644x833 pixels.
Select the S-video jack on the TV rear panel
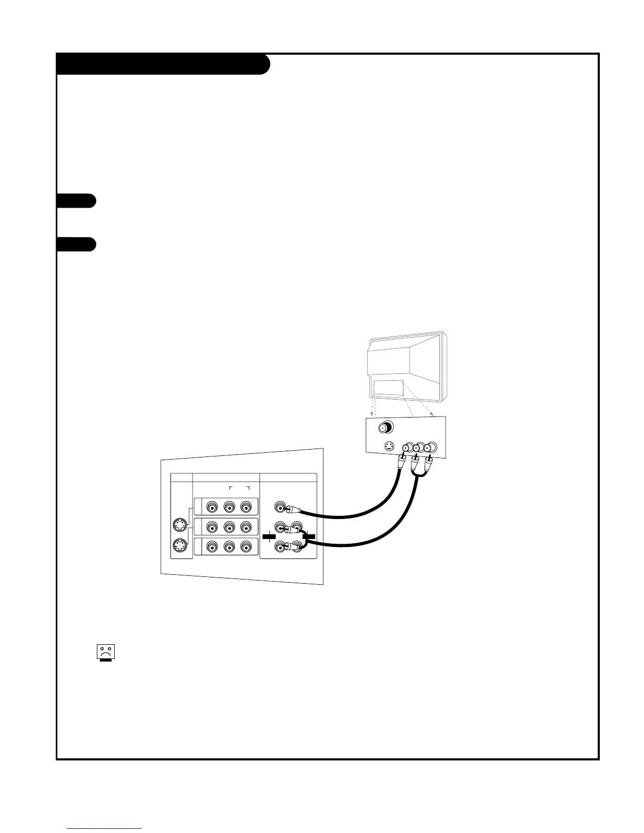click(x=388, y=447)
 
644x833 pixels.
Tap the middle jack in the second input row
click(x=229, y=527)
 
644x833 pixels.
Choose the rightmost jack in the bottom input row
click(x=246, y=547)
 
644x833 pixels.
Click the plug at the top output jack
click(x=291, y=509)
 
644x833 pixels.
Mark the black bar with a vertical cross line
click(x=269, y=536)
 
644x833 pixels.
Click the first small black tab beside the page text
click(x=76, y=201)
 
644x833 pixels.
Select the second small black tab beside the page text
click(x=76, y=245)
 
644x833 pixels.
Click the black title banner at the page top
click(x=163, y=64)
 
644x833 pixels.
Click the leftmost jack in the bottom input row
click(x=212, y=547)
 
